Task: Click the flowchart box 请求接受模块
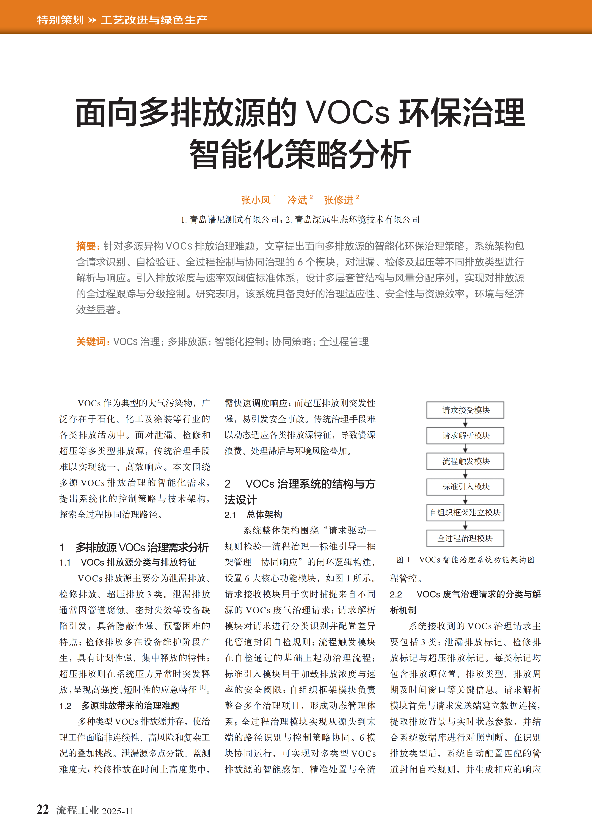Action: click(465, 410)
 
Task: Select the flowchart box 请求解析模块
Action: click(465, 436)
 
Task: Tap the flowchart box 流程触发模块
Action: click(465, 461)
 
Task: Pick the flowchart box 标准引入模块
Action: click(465, 487)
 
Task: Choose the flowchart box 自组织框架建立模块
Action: click(465, 512)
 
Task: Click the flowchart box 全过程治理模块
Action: click(465, 538)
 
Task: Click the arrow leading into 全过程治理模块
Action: click(465, 526)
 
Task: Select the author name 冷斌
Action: click(297, 200)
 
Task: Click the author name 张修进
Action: click(338, 200)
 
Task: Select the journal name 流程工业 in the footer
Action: click(77, 810)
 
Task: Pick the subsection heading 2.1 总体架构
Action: click(254, 515)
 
